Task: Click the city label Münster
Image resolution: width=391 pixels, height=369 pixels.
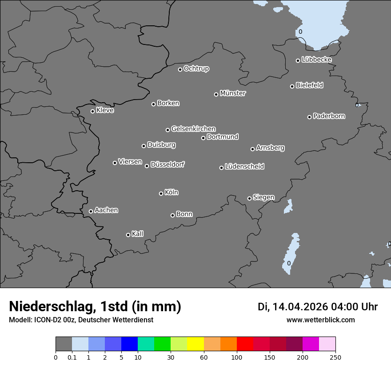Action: click(233, 93)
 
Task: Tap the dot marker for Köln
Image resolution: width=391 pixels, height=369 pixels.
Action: click(161, 193)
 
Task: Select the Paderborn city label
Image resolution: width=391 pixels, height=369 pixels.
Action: click(329, 116)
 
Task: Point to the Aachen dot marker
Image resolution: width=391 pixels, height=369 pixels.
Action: click(91, 211)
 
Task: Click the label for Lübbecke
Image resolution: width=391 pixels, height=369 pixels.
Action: click(317, 60)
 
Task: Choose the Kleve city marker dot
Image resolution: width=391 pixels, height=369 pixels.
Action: click(92, 111)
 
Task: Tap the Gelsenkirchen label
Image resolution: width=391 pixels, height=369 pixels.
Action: click(194, 129)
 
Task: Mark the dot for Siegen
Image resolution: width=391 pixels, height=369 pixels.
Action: click(249, 198)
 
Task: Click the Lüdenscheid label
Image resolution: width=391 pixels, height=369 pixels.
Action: click(245, 167)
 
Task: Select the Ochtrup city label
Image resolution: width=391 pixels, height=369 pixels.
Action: click(196, 68)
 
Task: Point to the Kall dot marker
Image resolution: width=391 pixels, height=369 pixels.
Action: click(128, 235)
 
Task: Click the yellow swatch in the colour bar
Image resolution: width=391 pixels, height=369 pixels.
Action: click(195, 344)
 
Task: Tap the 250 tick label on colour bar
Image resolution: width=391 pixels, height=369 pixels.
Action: click(335, 357)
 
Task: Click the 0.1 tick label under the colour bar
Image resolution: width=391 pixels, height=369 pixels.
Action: click(72, 357)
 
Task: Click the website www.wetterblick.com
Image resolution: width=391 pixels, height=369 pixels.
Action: click(320, 320)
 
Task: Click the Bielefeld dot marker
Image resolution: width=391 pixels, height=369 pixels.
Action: click(292, 86)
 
